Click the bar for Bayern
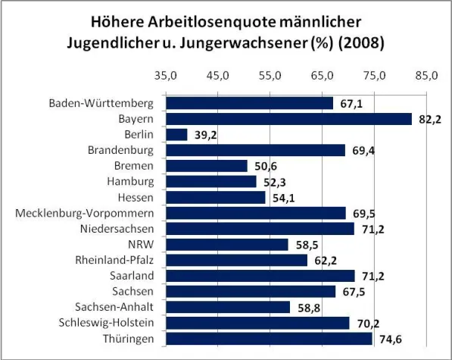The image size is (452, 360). (x=288, y=119)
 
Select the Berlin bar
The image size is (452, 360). (x=176, y=134)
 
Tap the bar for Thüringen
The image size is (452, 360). (x=269, y=338)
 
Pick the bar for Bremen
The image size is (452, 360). (x=207, y=166)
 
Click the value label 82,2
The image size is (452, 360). (x=428, y=119)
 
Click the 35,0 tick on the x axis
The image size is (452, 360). (x=166, y=77)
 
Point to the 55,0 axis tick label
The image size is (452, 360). (x=270, y=77)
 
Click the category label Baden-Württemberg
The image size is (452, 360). (x=101, y=103)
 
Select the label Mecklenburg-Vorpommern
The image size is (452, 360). (x=85, y=213)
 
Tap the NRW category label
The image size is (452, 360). (x=141, y=244)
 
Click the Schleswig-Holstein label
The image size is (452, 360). (x=105, y=323)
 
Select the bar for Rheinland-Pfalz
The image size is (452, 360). (x=237, y=260)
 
